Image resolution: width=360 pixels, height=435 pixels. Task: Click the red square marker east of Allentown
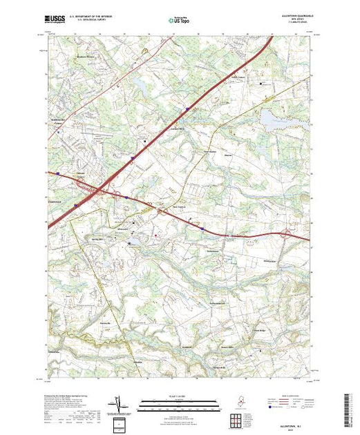(x=156, y=235)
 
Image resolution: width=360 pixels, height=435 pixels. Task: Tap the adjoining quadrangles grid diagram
(x=237, y=418)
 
